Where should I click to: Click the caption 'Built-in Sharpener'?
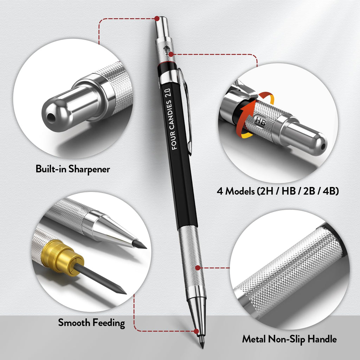click(73, 169)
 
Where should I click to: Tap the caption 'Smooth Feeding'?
click(91, 322)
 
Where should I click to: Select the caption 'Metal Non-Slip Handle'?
click(289, 339)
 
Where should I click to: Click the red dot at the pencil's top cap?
click(157, 18)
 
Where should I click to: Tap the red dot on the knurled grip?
click(198, 268)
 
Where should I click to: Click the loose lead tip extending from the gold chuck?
click(105, 280)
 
